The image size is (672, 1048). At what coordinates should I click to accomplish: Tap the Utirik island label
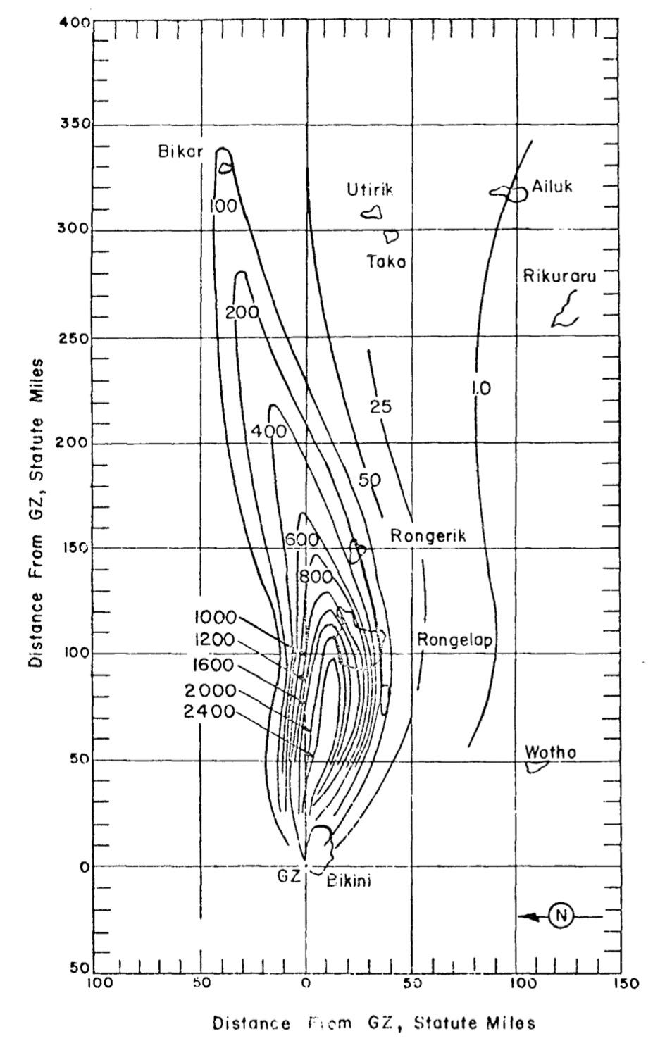click(370, 189)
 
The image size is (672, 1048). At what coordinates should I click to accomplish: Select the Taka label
click(386, 262)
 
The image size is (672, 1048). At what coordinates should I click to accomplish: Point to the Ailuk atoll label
click(552, 187)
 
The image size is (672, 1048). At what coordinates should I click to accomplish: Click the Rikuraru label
click(559, 276)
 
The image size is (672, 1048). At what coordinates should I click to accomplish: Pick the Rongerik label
click(428, 537)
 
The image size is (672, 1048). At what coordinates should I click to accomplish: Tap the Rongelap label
click(454, 640)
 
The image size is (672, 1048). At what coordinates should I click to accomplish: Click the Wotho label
click(550, 752)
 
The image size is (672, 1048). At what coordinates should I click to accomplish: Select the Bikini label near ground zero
click(349, 880)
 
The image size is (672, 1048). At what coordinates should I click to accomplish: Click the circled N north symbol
click(561, 916)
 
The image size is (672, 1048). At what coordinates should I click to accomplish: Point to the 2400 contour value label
click(209, 711)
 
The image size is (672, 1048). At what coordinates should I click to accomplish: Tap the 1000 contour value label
click(215, 618)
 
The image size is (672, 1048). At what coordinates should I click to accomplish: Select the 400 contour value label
click(269, 431)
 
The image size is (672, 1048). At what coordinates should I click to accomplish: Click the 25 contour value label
click(380, 406)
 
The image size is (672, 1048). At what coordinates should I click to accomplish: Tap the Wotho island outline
click(537, 766)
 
